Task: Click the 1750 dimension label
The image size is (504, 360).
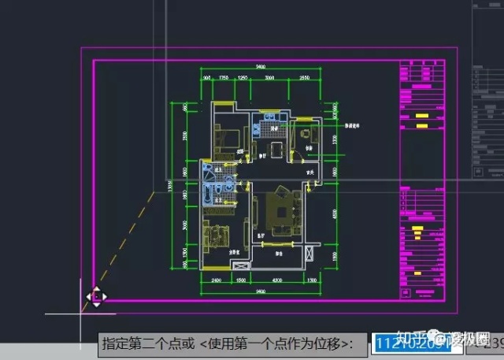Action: [x=224, y=78]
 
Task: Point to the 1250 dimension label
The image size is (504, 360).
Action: [x=243, y=78]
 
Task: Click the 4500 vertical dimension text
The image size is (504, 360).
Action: [x=334, y=212]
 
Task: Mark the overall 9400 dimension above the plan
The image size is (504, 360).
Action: [x=259, y=66]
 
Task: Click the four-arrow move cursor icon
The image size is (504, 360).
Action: [x=96, y=297]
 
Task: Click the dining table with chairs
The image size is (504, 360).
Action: [x=276, y=148]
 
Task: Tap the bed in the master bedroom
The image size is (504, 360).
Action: [x=215, y=235]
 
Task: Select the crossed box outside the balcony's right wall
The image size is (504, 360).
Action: [x=311, y=254]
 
